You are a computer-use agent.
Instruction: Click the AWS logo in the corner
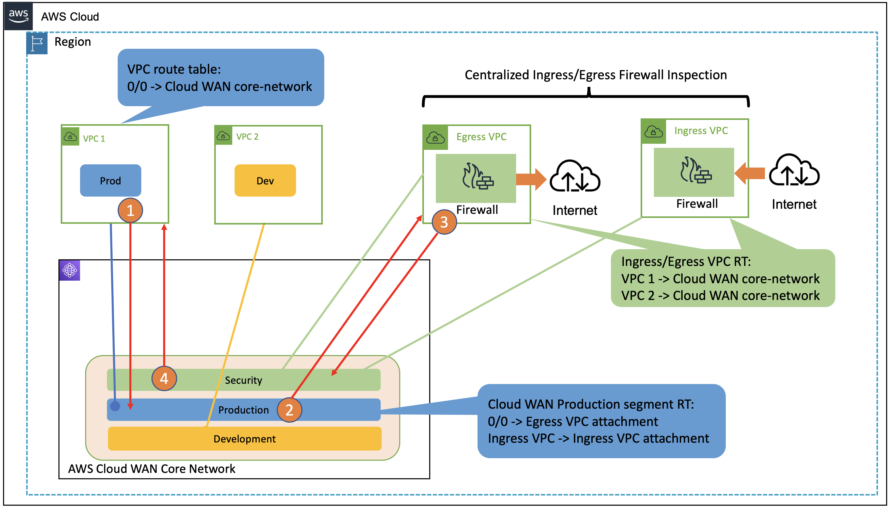(x=18, y=16)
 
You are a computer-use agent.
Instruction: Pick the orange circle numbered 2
(x=289, y=410)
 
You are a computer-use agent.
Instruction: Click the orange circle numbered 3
(x=444, y=222)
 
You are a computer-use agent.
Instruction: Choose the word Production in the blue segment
(x=243, y=410)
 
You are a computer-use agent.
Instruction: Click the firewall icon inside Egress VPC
(x=477, y=177)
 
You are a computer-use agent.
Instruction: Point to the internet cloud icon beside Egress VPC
(x=575, y=177)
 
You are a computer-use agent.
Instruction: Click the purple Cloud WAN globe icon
(x=70, y=270)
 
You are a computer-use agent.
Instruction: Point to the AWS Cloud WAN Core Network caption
(x=151, y=469)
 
